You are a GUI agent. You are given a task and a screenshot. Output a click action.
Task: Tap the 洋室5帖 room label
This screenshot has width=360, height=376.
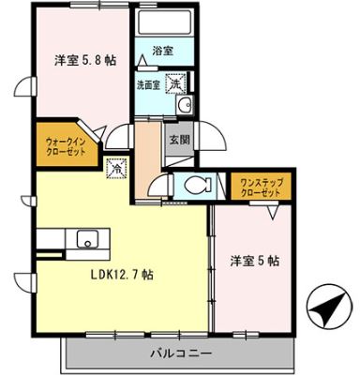click(255, 260)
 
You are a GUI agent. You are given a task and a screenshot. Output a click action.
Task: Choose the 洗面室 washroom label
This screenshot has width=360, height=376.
click(150, 83)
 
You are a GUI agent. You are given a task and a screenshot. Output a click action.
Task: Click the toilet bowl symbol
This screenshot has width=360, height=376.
click(198, 185)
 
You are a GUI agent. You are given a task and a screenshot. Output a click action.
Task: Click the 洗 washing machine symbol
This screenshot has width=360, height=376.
click(176, 83)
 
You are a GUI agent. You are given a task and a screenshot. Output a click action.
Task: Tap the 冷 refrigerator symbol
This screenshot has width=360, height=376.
click(116, 171)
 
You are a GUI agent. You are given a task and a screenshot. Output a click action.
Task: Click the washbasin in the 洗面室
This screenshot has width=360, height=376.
click(185, 105)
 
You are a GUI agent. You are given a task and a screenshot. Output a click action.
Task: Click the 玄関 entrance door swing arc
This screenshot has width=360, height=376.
click(212, 141)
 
